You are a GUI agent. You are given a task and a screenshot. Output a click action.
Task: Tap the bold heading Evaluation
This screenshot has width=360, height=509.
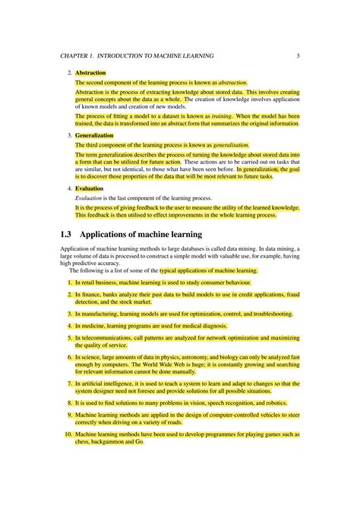(x=89, y=188)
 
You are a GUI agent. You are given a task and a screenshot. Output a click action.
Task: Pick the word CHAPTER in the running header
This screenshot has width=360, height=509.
(x=75, y=55)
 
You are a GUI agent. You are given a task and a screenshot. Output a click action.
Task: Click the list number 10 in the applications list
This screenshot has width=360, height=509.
(x=68, y=435)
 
